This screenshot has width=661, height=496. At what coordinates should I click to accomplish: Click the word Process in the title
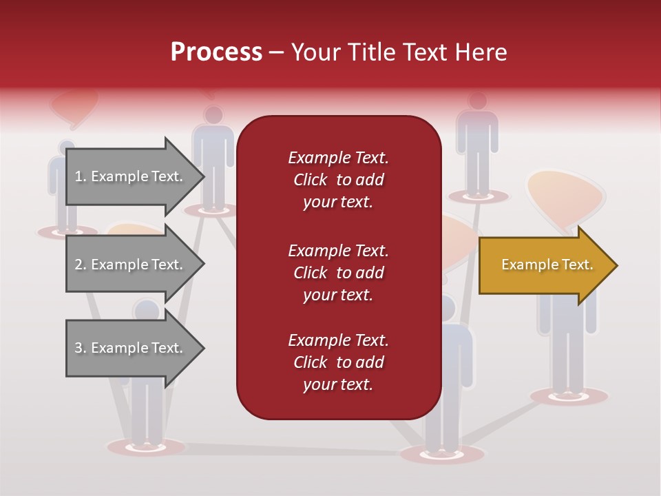[x=216, y=52]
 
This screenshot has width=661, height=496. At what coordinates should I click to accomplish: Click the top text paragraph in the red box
[x=338, y=180]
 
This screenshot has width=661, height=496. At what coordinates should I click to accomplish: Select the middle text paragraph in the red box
[x=338, y=273]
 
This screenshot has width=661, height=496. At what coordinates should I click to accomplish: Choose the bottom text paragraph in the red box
[x=338, y=362]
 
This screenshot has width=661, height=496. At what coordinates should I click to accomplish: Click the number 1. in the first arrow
[x=81, y=176]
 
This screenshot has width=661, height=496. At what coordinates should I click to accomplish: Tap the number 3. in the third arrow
[x=81, y=348]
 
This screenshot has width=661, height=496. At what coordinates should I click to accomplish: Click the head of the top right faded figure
[x=477, y=101]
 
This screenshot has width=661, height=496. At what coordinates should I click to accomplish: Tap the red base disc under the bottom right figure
[x=569, y=396]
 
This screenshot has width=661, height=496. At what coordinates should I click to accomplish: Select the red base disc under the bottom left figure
[x=146, y=447]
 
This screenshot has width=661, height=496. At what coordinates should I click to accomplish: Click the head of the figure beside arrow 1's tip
[x=213, y=115]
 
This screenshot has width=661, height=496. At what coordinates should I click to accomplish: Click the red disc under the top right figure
[x=476, y=197]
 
